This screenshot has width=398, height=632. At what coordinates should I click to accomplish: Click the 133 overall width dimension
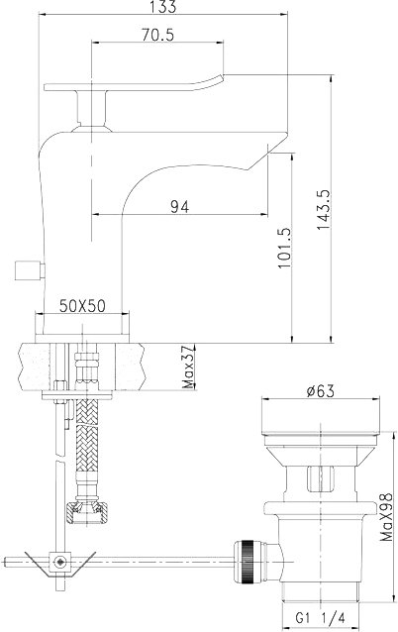pyautogui.click(x=163, y=7)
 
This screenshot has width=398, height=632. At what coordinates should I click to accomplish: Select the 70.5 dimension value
pyautogui.click(x=157, y=35)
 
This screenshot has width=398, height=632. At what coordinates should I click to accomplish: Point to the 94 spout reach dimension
pyautogui.click(x=179, y=207)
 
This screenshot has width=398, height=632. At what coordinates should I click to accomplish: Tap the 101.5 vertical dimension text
pyautogui.click(x=284, y=248)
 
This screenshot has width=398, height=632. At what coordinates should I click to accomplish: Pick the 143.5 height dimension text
pyautogui.click(x=324, y=210)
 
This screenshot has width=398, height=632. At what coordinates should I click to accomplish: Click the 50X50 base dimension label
pyautogui.click(x=82, y=306)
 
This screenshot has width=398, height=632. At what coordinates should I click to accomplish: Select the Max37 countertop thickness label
pyautogui.click(x=188, y=368)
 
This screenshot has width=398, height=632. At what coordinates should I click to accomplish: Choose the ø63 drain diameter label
pyautogui.click(x=320, y=391)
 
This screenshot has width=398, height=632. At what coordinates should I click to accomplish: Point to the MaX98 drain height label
pyautogui.click(x=386, y=517)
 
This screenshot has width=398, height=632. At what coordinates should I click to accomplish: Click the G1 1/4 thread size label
pyautogui.click(x=321, y=617)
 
